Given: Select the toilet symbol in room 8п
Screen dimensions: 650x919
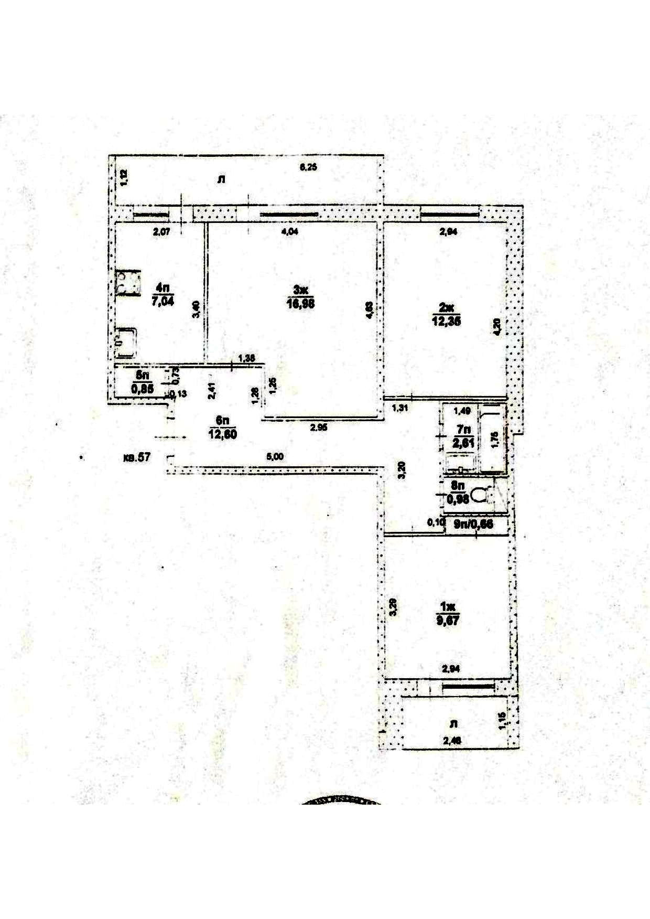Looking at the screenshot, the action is coord(479,495).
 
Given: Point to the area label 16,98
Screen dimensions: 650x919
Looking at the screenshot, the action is coord(300,304).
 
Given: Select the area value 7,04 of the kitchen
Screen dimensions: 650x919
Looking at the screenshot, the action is coord(162,301).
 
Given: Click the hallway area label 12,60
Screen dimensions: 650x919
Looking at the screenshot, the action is coord(222,434).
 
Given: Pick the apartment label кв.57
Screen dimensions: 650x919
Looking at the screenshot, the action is coord(136,457).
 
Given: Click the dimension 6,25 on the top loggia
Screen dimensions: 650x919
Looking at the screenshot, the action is coord(309,167).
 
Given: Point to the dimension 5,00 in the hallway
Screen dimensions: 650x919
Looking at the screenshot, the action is coord(275,457).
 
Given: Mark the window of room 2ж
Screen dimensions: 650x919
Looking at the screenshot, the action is coord(450,212).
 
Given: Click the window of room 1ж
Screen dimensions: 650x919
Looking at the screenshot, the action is coord(467,686).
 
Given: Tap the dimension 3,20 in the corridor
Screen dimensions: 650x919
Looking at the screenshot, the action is coord(402,469).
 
